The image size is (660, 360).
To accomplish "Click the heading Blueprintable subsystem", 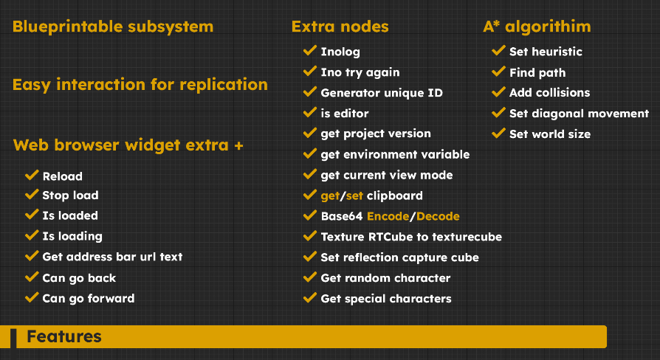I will point(113,27).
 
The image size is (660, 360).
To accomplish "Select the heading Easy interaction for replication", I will point(140,84).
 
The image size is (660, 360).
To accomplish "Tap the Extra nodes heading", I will point(340,27).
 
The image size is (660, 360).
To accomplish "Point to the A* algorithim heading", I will point(537,27).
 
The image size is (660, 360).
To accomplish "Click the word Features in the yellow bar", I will point(64,337).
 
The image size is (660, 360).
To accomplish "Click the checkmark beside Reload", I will point(31,176).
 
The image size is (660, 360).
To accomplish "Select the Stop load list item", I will point(70,195).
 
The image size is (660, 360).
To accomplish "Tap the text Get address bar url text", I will point(112,257).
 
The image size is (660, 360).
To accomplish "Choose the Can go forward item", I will point(89,299).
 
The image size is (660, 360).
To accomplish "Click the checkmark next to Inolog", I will point(310,51).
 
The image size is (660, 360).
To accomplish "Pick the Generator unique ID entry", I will point(382,93).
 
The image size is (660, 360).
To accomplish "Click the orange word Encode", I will point(388,216).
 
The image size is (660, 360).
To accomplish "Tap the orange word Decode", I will point(438,216).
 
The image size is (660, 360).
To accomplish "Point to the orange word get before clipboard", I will point(329,195).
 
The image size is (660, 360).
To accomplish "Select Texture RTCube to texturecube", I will point(411,237).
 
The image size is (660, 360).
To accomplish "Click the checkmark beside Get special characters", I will point(310,298).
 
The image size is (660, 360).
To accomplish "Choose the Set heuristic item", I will point(546,52).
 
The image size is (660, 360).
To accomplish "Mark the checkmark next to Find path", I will point(498,72).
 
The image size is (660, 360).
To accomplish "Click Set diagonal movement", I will point(579,114).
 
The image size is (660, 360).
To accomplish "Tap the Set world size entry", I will point(549,134).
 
